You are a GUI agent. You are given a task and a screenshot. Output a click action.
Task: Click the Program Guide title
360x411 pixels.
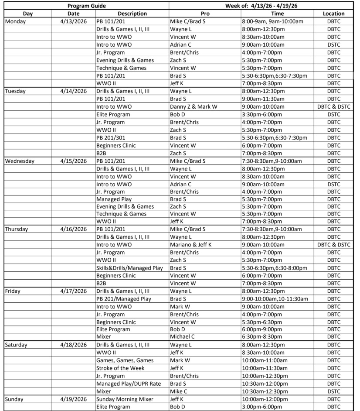click(x=87, y=6)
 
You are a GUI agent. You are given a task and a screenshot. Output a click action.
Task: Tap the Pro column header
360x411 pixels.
click(x=205, y=14)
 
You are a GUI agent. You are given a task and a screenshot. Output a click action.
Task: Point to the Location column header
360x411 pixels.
click(x=334, y=14)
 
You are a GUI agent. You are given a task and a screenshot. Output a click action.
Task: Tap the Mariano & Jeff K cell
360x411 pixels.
click(x=190, y=245)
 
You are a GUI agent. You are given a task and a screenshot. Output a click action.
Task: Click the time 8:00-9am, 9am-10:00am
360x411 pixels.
click(x=275, y=21)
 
